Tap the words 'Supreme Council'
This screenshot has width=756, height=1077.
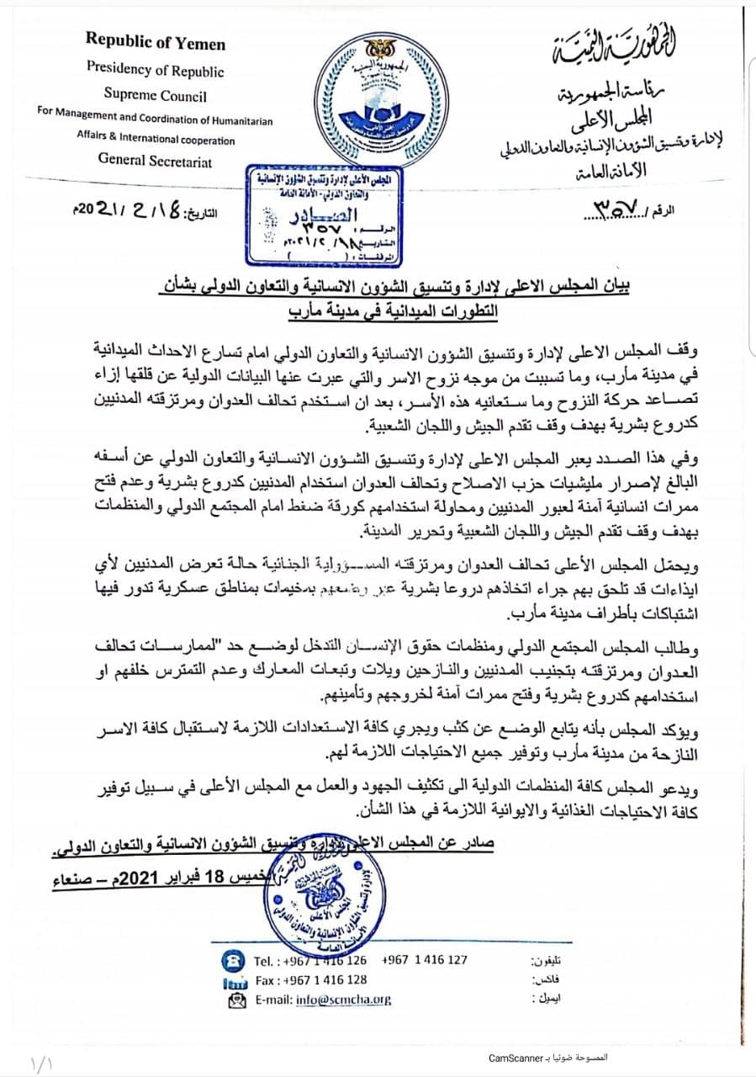(156, 95)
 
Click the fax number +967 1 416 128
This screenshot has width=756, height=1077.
(326, 979)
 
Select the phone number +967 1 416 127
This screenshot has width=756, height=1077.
(425, 959)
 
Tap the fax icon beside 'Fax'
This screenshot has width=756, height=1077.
(235, 980)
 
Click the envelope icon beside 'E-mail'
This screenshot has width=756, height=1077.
(235, 1000)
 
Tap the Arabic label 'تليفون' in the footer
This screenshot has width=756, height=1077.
(546, 960)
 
